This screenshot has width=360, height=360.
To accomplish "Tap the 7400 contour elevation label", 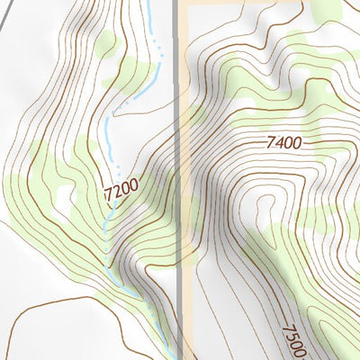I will (x=283, y=142).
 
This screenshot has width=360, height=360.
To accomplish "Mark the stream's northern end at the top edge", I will (x=147, y=4).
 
